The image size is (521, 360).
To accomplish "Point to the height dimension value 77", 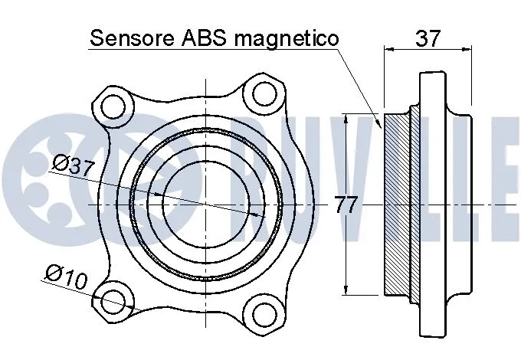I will (347, 205).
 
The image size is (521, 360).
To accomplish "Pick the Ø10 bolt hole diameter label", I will (65, 276).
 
